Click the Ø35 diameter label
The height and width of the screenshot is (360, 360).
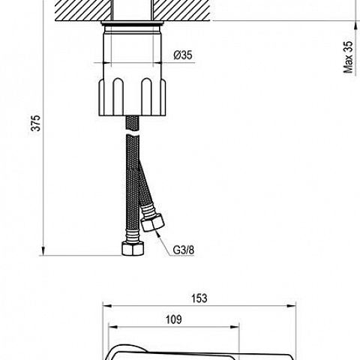click(x=183, y=55)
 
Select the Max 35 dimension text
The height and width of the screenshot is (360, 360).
click(x=348, y=57)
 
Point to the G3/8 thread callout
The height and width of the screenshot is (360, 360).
click(x=184, y=250)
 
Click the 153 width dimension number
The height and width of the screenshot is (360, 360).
click(x=199, y=298)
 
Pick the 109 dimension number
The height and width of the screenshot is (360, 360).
click(x=174, y=319)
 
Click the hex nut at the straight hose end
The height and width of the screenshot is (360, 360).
click(x=133, y=248)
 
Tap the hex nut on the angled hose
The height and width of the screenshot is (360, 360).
click(x=152, y=223)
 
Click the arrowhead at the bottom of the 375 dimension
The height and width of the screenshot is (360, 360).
click(x=43, y=251)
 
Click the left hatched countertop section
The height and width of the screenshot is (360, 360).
click(x=83, y=10)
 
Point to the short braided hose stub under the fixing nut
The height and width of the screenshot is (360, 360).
click(x=132, y=123)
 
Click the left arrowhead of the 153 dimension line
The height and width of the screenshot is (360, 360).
click(x=107, y=306)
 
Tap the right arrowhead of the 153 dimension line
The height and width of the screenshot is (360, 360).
click(x=292, y=306)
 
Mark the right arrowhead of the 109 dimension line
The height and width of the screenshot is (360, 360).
click(x=235, y=327)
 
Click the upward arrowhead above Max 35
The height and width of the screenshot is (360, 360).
click(x=355, y=25)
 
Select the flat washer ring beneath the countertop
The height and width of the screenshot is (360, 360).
click(x=133, y=23)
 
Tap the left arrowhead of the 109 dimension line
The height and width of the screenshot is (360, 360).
click(x=113, y=327)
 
